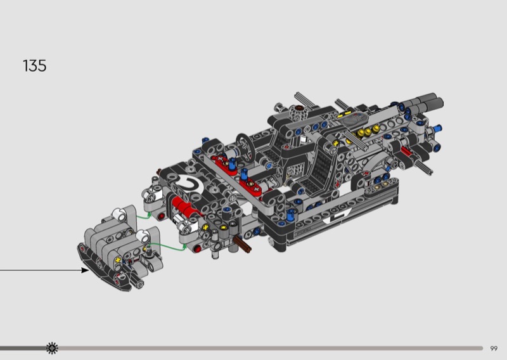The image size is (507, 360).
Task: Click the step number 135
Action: tap(35, 66)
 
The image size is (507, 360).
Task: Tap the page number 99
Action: tap(494, 349)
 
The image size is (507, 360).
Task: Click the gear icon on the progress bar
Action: tap(52, 349)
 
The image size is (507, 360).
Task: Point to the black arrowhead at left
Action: tap(85, 270)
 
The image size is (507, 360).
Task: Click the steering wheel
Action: tap(246, 148)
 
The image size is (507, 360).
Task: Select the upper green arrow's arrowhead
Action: tap(149, 214)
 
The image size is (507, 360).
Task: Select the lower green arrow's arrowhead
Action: tap(184, 247)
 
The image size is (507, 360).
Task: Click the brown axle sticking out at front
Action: tap(243, 244)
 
